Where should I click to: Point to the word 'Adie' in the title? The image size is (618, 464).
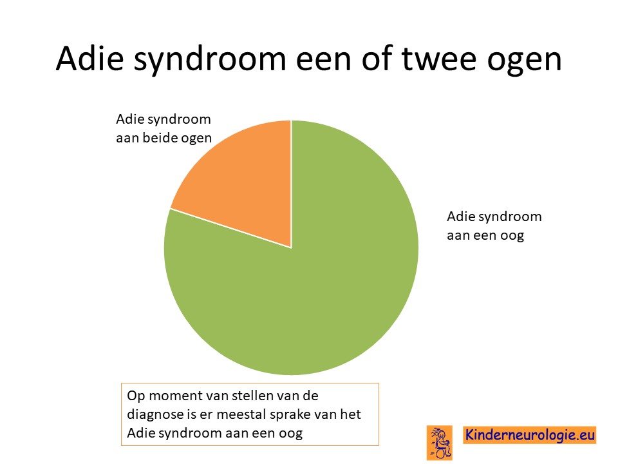pyautogui.click(x=90, y=59)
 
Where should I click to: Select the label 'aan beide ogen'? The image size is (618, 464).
pyautogui.click(x=164, y=138)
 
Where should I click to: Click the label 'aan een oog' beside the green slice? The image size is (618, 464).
pyautogui.click(x=485, y=235)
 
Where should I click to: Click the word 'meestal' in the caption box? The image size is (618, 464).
pyautogui.click(x=243, y=414)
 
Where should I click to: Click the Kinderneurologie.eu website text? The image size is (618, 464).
pyautogui.click(x=530, y=435)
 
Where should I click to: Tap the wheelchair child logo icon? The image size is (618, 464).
pyautogui.click(x=439, y=442)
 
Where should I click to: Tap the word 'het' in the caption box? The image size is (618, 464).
pyautogui.click(x=350, y=414)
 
